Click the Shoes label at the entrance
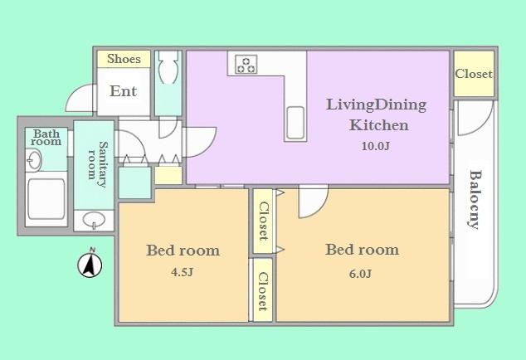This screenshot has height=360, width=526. pyautogui.click(x=124, y=59)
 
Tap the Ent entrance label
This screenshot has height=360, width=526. pyautogui.click(x=123, y=91)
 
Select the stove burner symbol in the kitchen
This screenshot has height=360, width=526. pyautogui.click(x=246, y=64)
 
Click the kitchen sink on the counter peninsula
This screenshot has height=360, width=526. pyautogui.click(x=296, y=124)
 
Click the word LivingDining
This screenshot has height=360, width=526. pyautogui.click(x=376, y=105)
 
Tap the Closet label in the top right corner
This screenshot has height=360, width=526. pyautogui.click(x=474, y=74)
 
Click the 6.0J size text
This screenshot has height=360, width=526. pyautogui.click(x=360, y=274)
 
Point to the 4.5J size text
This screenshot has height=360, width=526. pyautogui.click(x=182, y=272)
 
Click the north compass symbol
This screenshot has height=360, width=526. pyautogui.click(x=90, y=265)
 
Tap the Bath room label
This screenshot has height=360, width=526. pyautogui.click(x=46, y=138)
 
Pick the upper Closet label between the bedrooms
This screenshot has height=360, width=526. pyautogui.click(x=262, y=221)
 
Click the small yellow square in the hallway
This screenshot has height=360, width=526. pyautogui.click(x=168, y=175)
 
